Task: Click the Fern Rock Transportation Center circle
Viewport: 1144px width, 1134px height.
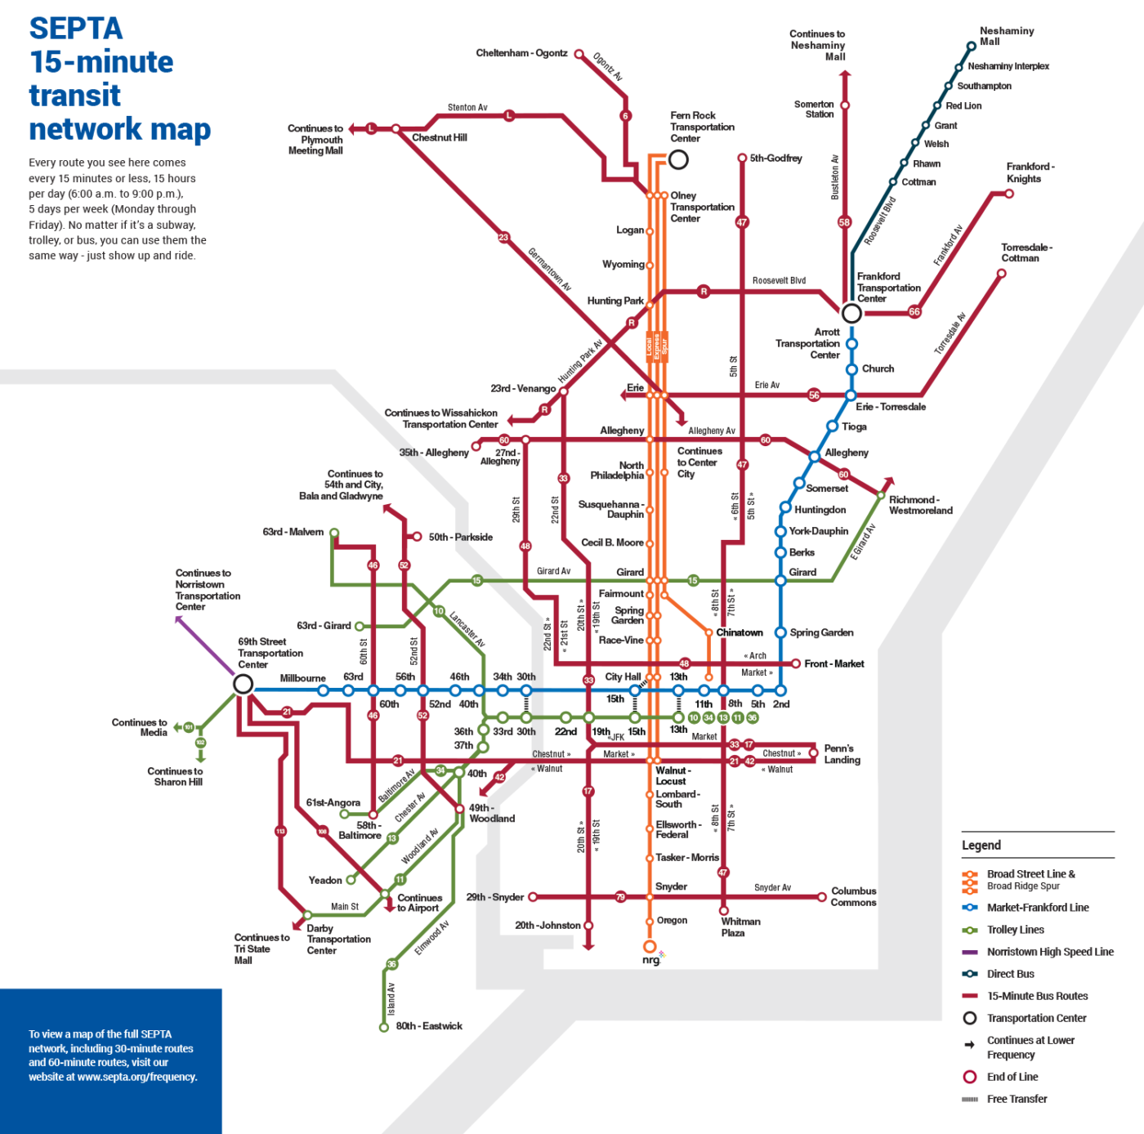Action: click(678, 159)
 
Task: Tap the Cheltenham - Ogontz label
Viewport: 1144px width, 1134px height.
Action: click(521, 53)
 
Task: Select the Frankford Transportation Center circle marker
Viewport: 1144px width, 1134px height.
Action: click(851, 314)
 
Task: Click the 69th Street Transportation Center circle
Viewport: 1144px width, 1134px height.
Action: click(243, 684)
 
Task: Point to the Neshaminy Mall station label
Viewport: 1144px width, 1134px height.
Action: click(1006, 36)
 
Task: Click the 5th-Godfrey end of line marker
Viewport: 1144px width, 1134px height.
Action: click(742, 158)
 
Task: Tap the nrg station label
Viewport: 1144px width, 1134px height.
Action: click(650, 960)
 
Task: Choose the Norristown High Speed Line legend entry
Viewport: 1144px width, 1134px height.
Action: click(1049, 952)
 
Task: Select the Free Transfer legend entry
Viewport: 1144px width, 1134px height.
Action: click(1017, 1099)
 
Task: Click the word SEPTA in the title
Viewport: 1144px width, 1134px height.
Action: click(76, 29)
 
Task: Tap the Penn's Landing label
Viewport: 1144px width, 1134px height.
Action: click(842, 754)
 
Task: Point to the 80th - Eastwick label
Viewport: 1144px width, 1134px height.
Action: click(429, 1026)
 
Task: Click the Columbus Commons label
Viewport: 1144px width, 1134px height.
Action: click(853, 897)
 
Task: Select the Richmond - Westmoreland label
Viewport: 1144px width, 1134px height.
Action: click(920, 505)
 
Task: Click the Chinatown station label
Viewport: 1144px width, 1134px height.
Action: click(740, 632)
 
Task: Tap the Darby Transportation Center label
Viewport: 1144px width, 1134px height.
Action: click(338, 940)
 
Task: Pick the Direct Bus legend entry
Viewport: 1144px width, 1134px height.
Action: click(1010, 974)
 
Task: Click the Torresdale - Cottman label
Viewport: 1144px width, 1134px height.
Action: click(1026, 252)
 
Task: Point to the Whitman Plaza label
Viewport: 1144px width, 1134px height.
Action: click(740, 927)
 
